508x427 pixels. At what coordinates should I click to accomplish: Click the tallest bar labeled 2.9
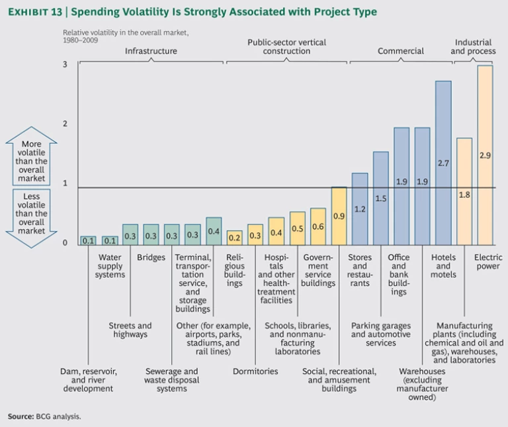pos(485,155)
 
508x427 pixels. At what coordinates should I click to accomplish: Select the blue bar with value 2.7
pos(443,163)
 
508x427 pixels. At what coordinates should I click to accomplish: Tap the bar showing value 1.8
pos(464,191)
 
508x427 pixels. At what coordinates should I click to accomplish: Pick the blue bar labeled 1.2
pos(360,209)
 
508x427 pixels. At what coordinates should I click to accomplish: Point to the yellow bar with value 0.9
pos(339,216)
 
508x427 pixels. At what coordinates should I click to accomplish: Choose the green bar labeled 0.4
pos(214,231)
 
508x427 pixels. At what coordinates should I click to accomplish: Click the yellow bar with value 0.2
pos(234,238)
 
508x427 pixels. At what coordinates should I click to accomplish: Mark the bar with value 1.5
pos(380,198)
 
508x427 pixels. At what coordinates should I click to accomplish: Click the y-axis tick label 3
pos(65,64)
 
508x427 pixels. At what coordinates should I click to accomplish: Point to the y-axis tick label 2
pos(65,124)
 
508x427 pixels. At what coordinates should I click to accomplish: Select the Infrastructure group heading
pos(151,51)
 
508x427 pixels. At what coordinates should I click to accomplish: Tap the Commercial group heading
pos(400,51)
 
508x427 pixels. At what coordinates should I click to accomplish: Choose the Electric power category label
pos(488,262)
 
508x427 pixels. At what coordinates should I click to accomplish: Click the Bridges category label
pos(151,258)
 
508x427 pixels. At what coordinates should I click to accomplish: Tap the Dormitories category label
pos(255,371)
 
